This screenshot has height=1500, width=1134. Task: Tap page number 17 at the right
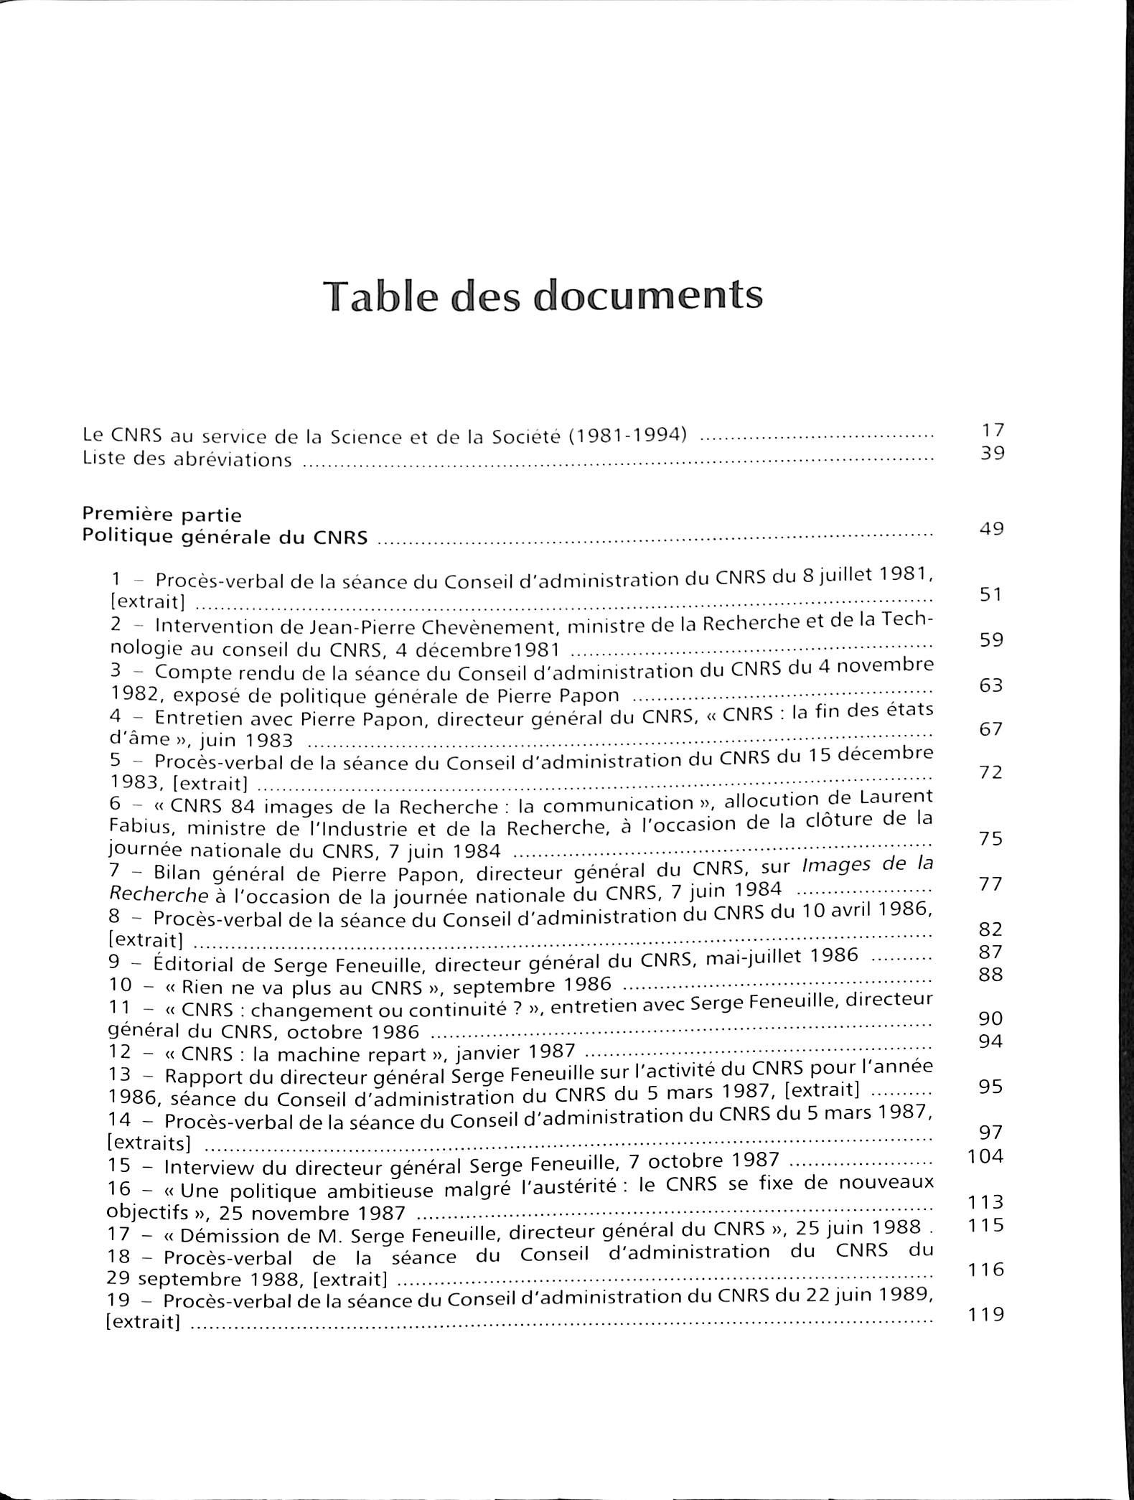point(992,431)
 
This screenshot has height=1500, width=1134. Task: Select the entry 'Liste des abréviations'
point(187,459)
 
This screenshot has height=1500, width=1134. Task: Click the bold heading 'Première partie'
point(162,515)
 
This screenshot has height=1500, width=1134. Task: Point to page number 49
point(991,529)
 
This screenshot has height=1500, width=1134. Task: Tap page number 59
point(991,640)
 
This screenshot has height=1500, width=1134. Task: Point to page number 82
point(991,929)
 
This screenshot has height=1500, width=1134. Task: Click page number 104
point(985,1156)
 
